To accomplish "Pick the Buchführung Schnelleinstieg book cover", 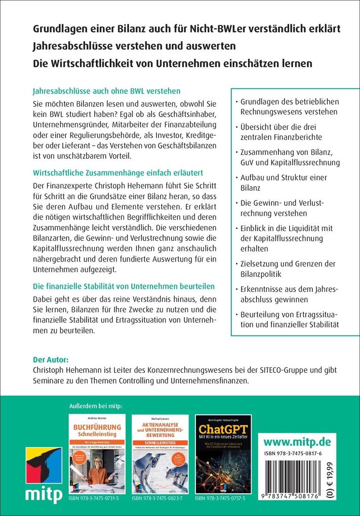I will point(97,454).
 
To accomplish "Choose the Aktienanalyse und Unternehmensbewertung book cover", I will point(159,454).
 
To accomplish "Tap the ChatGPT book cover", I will point(223,454).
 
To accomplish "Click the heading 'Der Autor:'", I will point(50,360).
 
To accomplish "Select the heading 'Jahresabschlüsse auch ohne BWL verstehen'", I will point(106,92).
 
